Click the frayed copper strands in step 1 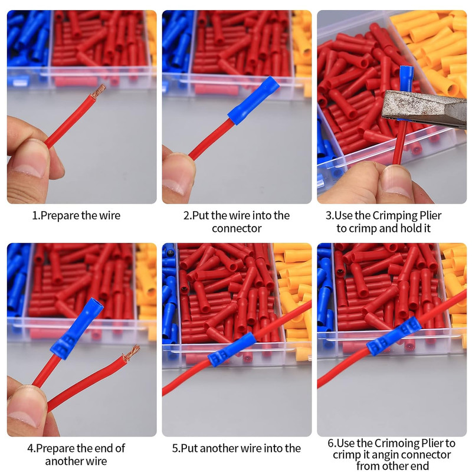tap(99, 91)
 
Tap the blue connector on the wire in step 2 tap(253, 100)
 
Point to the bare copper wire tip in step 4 tap(131, 352)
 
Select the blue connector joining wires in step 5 tap(231, 349)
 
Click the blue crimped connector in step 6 tap(393, 336)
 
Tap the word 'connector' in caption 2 tap(237, 228)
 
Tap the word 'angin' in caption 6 tap(384, 455)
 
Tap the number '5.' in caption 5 tap(176, 448)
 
